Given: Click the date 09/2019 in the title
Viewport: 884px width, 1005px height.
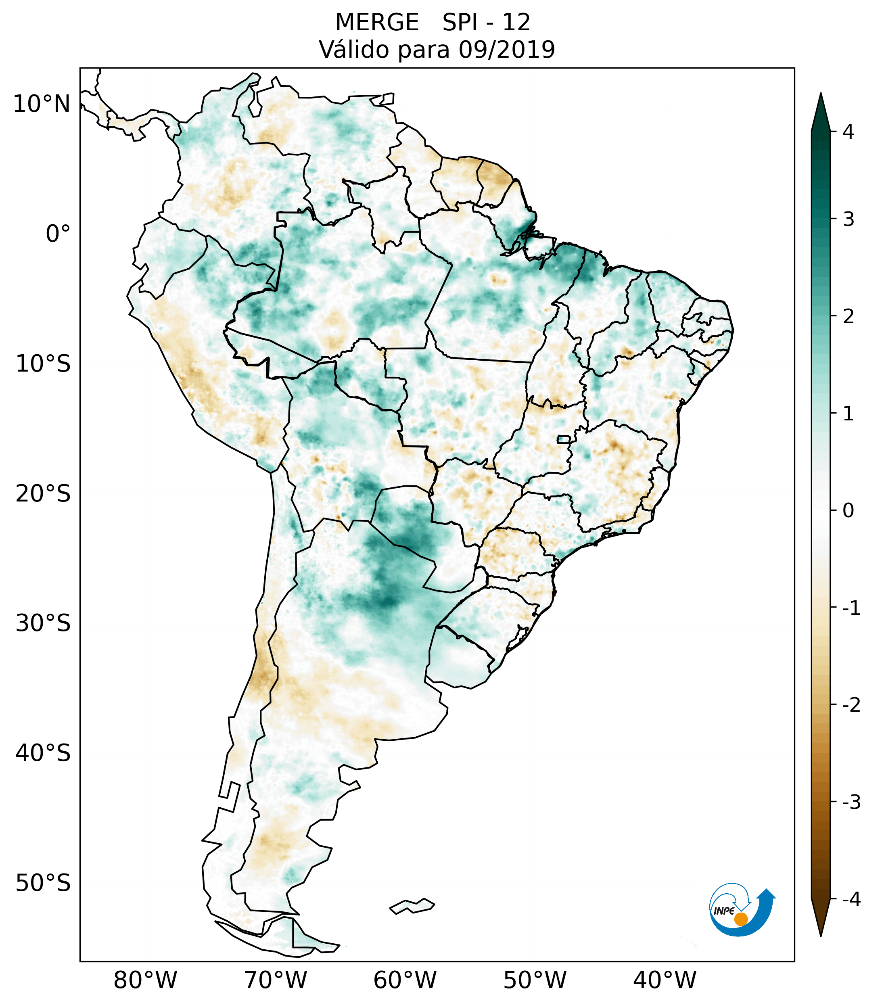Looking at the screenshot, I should [506, 50].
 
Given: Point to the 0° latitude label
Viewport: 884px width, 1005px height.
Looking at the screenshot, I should [58, 234].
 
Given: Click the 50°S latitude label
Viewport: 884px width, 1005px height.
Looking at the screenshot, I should [43, 883].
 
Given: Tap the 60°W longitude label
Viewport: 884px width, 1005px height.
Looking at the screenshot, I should [405, 980].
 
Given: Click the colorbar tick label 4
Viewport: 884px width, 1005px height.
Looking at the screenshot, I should [848, 132].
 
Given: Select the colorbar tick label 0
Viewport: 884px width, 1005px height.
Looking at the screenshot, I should [848, 511].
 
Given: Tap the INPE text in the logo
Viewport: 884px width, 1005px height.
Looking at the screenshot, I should [724, 911].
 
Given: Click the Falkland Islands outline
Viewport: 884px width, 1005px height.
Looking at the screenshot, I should [412, 906].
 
